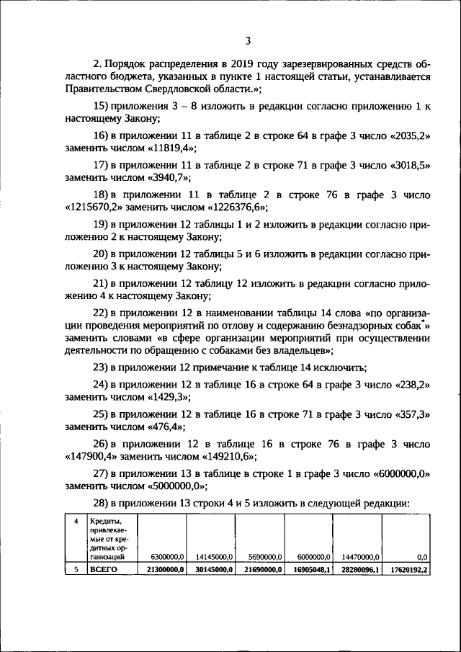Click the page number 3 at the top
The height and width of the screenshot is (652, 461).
[247, 41]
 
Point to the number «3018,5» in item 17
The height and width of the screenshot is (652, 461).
[408, 165]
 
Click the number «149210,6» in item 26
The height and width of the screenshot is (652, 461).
[228, 457]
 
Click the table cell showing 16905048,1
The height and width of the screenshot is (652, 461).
[310, 570]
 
